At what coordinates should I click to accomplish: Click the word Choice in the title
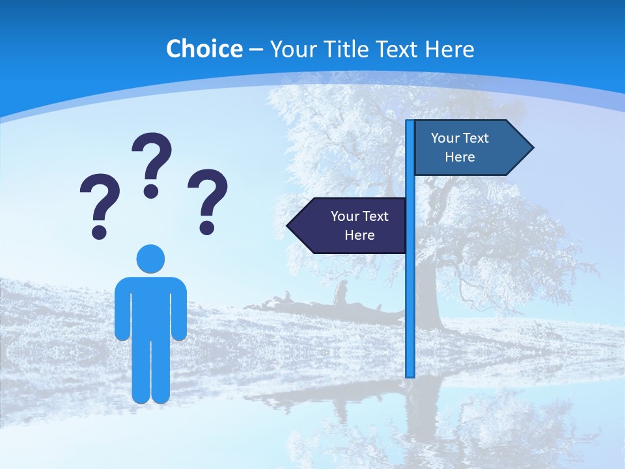tap(204, 49)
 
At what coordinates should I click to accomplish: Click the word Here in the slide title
tap(449, 49)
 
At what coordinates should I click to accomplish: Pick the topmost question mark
tap(152, 160)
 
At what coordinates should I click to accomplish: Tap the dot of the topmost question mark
tap(151, 191)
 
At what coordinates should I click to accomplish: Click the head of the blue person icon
tap(150, 259)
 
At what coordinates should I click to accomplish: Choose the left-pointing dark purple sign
tap(348, 225)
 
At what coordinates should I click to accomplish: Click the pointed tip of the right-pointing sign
tap(532, 148)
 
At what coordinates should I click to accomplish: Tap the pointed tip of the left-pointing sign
tap(288, 225)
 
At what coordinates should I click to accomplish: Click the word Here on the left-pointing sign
tap(359, 235)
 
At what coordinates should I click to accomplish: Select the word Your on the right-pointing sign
tap(445, 138)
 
